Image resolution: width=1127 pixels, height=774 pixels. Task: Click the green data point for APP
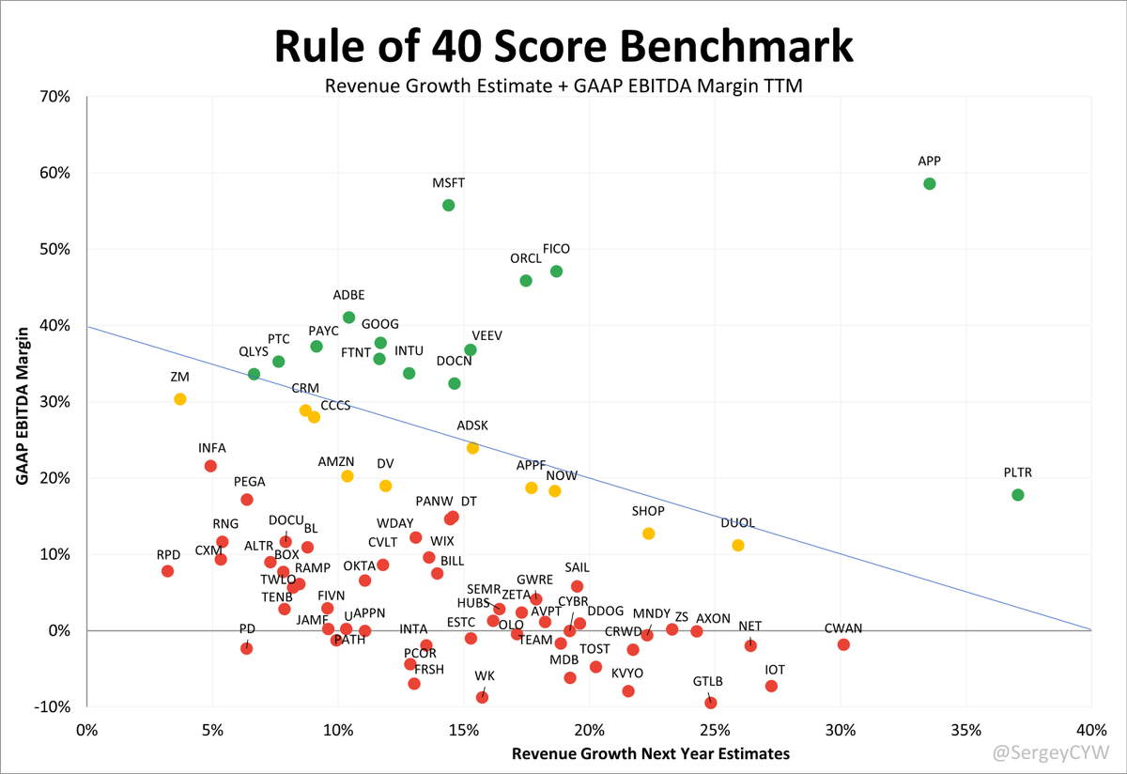[929, 183]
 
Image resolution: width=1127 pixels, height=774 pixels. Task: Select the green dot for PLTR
[1018, 495]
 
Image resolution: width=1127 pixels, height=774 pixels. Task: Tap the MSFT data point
[448, 205]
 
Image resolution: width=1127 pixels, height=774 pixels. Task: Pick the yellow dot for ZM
[180, 399]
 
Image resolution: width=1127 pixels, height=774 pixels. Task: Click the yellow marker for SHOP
[648, 534]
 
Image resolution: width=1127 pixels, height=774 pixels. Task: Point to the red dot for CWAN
[843, 644]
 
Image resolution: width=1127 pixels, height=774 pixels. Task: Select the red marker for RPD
[167, 571]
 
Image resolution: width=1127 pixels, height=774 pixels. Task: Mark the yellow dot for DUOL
[737, 546]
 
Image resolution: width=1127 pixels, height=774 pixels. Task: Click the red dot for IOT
[771, 686]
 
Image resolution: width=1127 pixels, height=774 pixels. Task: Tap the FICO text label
[556, 249]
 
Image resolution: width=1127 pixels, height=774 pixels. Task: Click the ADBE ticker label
[349, 295]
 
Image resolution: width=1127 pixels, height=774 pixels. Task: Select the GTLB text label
[708, 681]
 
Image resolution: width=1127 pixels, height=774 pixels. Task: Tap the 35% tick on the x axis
[965, 730]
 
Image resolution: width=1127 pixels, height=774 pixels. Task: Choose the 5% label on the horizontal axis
[212, 730]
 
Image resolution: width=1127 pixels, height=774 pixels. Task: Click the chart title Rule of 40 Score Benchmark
[563, 45]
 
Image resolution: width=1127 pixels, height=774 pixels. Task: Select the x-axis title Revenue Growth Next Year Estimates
[651, 753]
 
